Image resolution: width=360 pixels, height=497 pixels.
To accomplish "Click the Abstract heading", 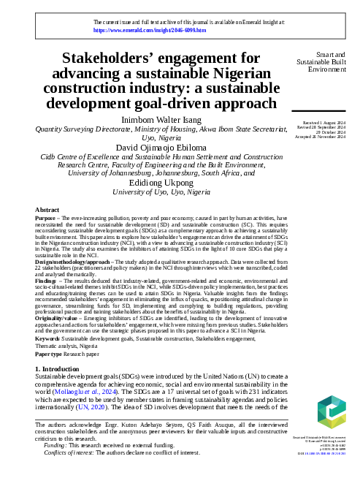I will pyautogui.click(x=47, y=210).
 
